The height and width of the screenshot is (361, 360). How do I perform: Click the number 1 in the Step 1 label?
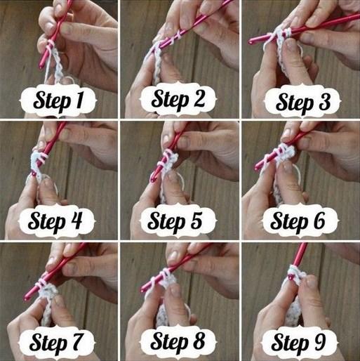[x=79, y=100]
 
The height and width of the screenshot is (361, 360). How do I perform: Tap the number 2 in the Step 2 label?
[x=196, y=99]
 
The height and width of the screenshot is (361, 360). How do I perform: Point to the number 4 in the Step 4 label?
[x=76, y=220]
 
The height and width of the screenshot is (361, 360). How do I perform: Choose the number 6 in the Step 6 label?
[x=319, y=220]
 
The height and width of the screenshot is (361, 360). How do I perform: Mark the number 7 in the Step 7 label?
[x=75, y=341]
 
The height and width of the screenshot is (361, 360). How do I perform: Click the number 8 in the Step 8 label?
[x=198, y=341]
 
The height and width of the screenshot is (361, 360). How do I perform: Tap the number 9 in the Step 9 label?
[x=319, y=341]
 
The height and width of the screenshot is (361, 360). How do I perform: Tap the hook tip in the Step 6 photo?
[x=257, y=168]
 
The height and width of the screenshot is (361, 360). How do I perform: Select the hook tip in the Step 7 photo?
[x=26, y=298]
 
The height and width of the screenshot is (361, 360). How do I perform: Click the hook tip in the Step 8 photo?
[x=144, y=289]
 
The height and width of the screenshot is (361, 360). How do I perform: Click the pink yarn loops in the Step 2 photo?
[x=178, y=35]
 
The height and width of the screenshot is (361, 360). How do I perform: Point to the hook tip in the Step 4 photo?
[x=34, y=173]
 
